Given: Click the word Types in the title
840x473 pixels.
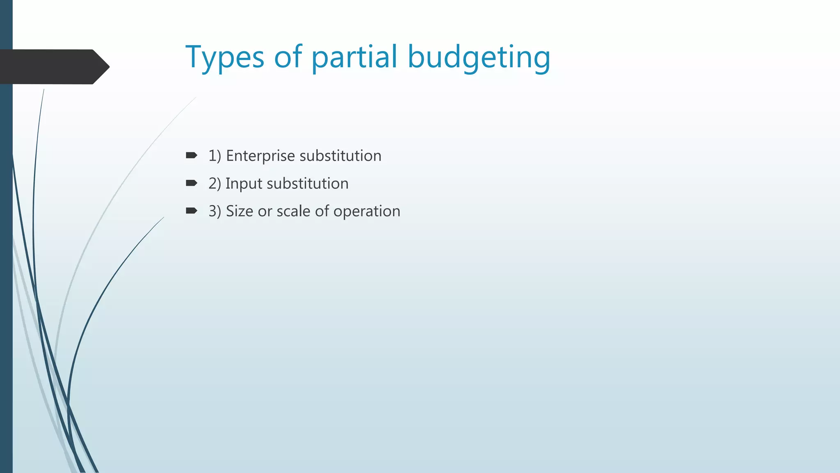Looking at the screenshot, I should click(x=225, y=57).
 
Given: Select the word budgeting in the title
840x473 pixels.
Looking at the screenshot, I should click(x=479, y=57).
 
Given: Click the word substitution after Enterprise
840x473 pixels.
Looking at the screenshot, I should click(x=340, y=156).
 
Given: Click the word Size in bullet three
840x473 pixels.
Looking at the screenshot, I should click(x=239, y=211).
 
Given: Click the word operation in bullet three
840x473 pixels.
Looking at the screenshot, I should click(x=367, y=211).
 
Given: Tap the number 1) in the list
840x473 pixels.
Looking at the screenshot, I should click(x=215, y=156).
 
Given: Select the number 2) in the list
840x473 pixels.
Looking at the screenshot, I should click(x=215, y=184).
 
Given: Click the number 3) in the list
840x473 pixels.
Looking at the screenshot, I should click(x=215, y=211).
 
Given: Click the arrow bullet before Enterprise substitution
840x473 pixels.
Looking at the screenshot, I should click(x=191, y=155).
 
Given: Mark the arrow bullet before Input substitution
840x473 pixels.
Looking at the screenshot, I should click(x=191, y=183).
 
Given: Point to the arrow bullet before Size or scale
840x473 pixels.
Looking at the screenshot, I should click(x=191, y=211).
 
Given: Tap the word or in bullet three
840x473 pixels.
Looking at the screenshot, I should click(x=265, y=211).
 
